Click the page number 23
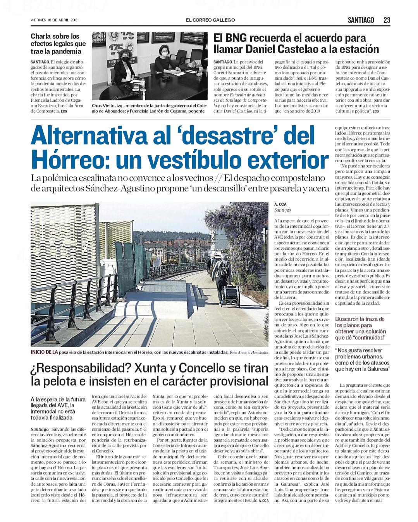pos(387,20)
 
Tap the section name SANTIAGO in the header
pos(361,20)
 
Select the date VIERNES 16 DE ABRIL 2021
pos(55,20)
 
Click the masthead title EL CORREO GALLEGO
pos(210,20)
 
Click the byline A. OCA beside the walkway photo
pos(280,204)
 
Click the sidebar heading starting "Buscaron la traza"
pos(360,328)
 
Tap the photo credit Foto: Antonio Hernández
pos(249,353)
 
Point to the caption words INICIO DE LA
pos(44,352)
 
